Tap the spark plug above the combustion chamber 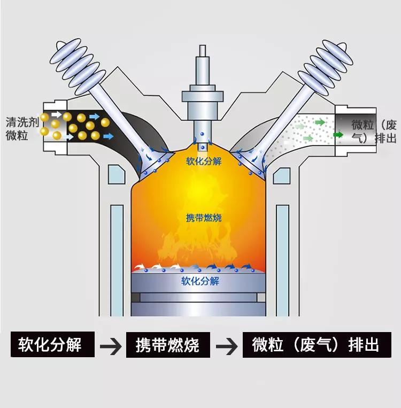[x=203, y=99]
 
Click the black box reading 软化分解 [x=52, y=344]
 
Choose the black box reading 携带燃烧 [x=168, y=345]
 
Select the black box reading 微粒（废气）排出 [x=317, y=345]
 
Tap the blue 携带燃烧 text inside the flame [x=204, y=218]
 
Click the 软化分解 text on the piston [x=200, y=281]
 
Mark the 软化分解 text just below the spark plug [x=204, y=161]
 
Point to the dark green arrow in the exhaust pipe [x=338, y=135]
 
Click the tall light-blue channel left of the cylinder [x=117, y=260]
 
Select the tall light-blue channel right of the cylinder [x=282, y=260]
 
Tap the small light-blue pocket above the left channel [x=116, y=175]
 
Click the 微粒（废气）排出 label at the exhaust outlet [x=374, y=132]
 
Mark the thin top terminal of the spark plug [x=203, y=51]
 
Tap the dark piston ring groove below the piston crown [x=198, y=297]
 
